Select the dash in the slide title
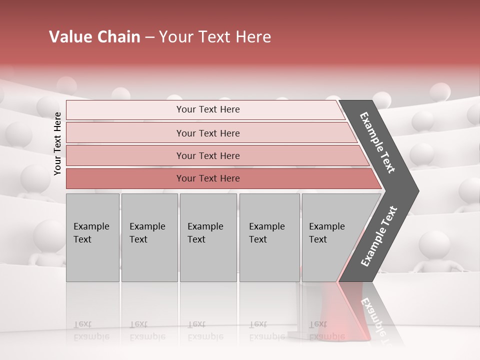149,37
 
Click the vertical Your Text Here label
57,143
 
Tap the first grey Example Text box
92,237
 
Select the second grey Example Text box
149,237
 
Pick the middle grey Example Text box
208,237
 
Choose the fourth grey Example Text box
269,237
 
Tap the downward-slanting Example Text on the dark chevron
378,142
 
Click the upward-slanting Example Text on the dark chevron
378,236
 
